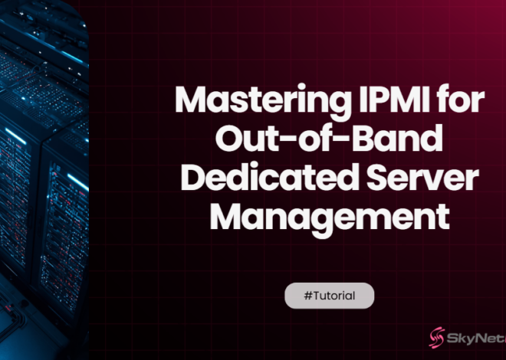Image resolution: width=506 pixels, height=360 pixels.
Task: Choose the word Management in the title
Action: tap(329, 217)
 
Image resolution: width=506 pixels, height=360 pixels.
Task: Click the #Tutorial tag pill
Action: tap(330, 296)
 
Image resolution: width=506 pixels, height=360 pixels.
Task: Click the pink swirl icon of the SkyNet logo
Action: tap(438, 337)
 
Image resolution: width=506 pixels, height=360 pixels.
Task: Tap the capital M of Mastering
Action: tap(189, 101)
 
